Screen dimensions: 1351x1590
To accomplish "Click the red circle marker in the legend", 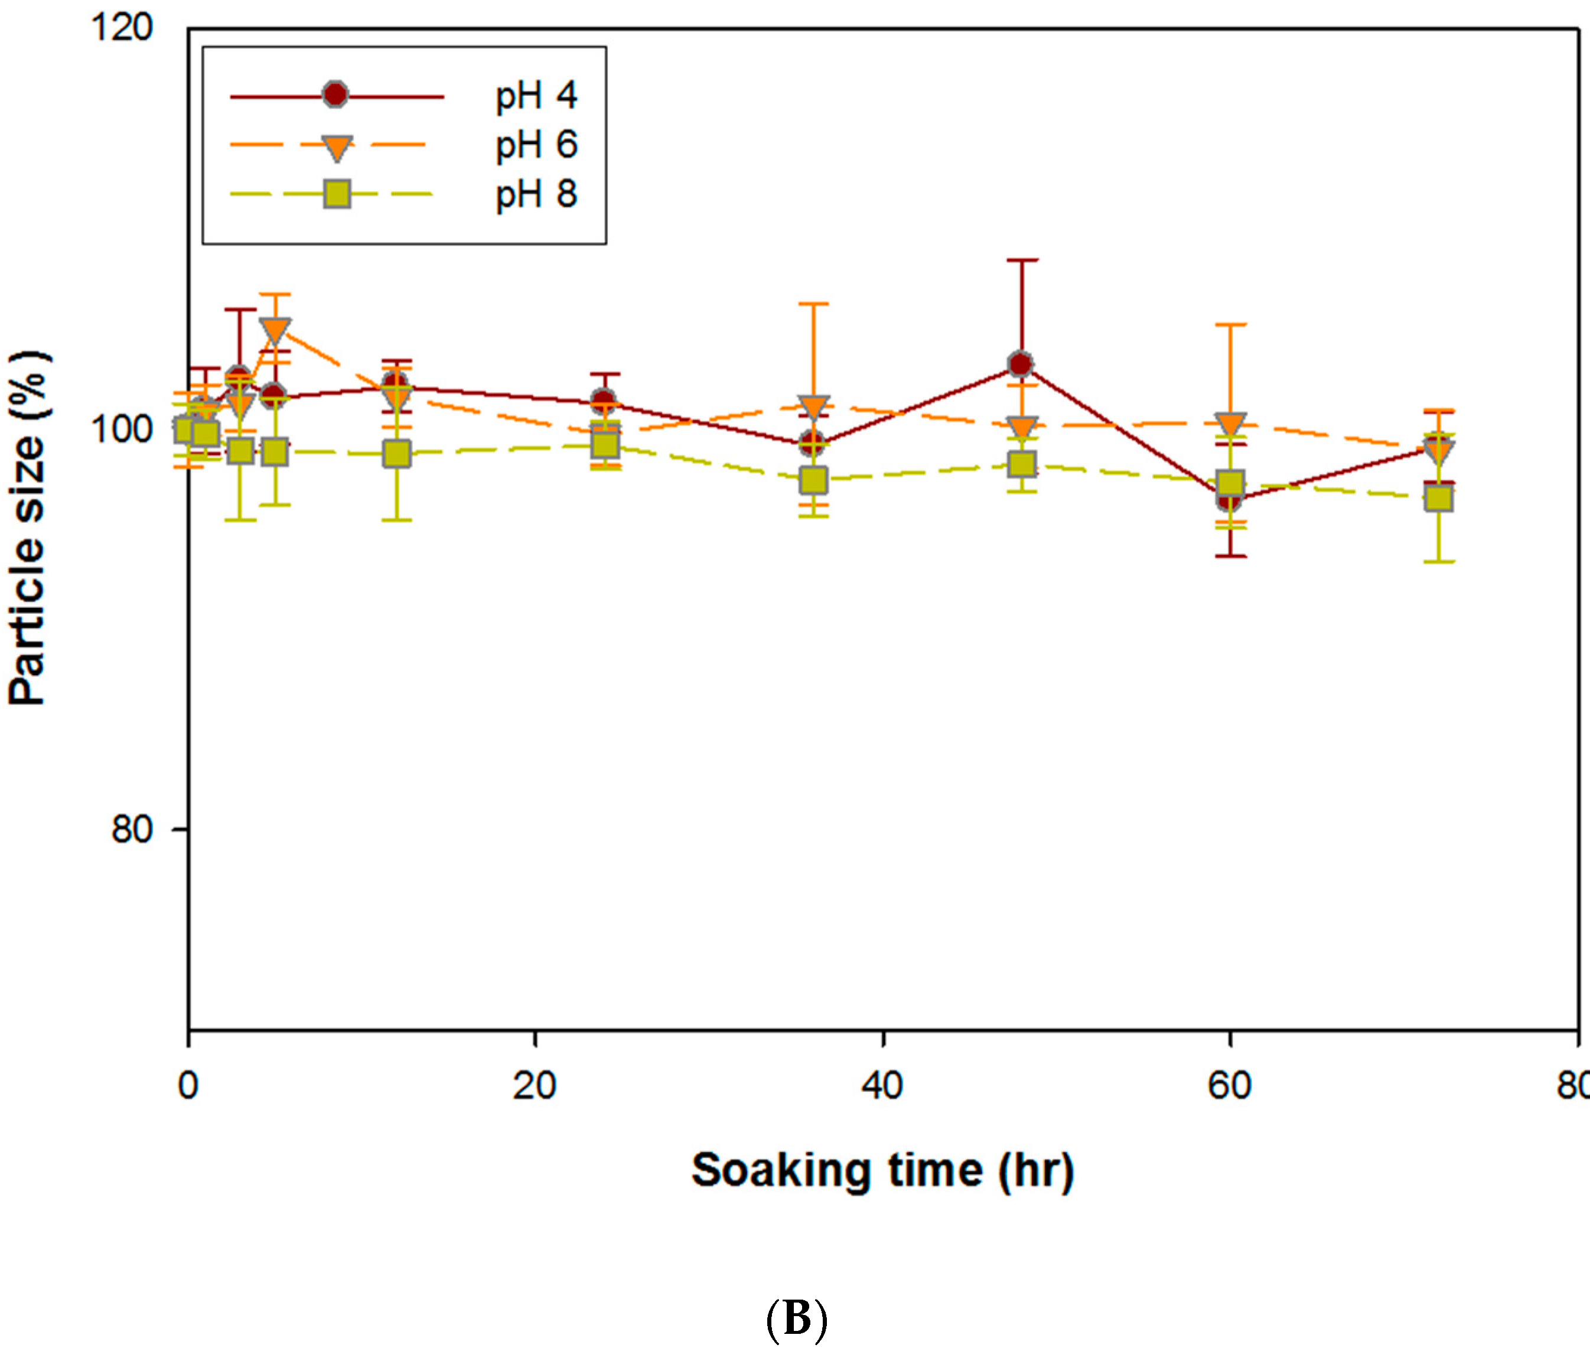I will coord(335,95).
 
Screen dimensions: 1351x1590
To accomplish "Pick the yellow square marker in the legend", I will coord(336,194).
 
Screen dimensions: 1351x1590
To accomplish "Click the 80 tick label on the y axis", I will coord(132,829).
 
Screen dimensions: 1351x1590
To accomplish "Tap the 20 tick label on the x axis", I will coord(534,1086).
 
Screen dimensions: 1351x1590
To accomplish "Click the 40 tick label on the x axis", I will coord(882,1086).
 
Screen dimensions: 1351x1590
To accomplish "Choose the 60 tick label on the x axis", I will coord(1229,1086).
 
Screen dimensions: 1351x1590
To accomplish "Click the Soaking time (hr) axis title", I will coord(882,1171).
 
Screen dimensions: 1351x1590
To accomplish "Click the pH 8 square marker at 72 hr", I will coord(1439,499).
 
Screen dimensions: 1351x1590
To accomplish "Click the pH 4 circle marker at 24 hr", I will coord(604,401).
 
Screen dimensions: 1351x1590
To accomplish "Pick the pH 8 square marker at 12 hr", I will coord(396,454).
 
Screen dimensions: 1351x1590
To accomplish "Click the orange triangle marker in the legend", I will coord(336,147).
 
